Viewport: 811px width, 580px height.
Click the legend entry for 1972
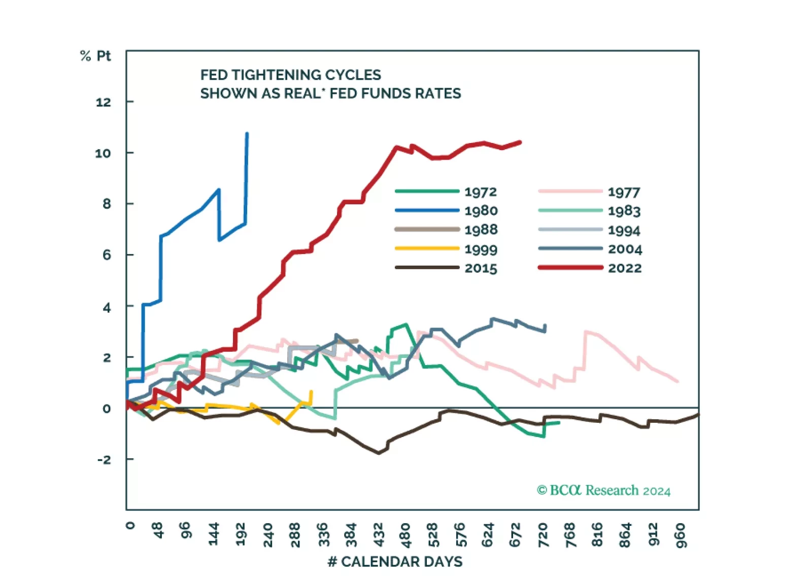[x=480, y=192]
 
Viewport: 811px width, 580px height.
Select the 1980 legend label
[x=481, y=210]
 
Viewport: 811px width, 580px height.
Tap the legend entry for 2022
[x=624, y=268]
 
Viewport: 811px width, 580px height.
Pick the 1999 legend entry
[x=481, y=249]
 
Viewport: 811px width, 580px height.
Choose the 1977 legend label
[x=624, y=192]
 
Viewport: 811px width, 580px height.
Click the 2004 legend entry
[x=625, y=249]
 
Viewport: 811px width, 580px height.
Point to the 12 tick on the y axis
[x=103, y=102]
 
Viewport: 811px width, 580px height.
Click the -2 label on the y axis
[x=104, y=459]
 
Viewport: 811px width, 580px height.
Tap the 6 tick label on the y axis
[x=107, y=255]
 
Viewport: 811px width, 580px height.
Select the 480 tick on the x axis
[x=405, y=535]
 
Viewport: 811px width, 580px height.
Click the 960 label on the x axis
[x=680, y=535]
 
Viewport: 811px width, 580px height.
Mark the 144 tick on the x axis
[x=213, y=535]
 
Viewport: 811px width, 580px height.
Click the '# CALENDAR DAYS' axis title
[x=395, y=562]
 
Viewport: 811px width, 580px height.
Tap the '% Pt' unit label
[x=95, y=56]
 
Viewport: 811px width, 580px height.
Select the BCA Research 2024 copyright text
[x=603, y=490]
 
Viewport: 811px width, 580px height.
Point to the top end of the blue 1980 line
[x=247, y=133]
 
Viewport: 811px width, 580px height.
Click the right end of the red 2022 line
[x=520, y=142]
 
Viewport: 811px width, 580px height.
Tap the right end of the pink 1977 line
[x=678, y=381]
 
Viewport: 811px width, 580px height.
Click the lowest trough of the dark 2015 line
[x=379, y=453]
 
